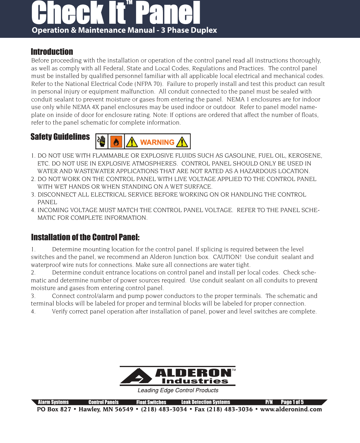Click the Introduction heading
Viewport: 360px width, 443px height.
pos(52,52)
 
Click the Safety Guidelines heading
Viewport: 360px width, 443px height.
pos(60,137)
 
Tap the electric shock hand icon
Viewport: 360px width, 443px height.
pos(102,141)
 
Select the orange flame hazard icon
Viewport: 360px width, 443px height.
pos(116,141)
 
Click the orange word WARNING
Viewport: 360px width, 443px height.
pos(157,142)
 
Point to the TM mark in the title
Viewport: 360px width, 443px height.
pos(129,3)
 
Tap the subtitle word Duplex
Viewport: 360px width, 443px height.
pos(204,30)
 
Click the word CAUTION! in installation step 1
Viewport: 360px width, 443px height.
pos(227,257)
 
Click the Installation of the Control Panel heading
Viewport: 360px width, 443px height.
pos(85,237)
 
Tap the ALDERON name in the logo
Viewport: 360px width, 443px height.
pos(193,373)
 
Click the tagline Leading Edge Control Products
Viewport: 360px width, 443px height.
pos(178,390)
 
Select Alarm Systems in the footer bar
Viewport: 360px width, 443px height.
pos(53,402)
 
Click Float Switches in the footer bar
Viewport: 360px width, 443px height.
pos(151,402)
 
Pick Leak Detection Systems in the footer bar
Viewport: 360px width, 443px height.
pos(206,402)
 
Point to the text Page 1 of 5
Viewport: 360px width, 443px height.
pos(292,402)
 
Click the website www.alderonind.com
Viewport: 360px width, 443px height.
pos(291,409)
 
